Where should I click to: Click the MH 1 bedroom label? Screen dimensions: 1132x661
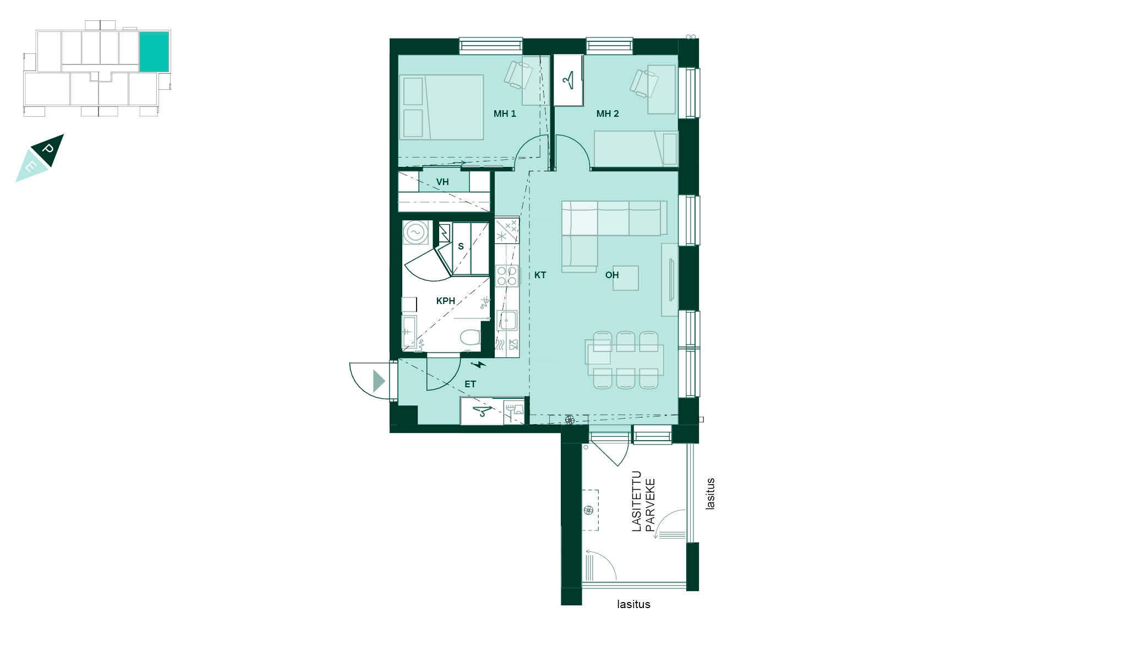point(505,114)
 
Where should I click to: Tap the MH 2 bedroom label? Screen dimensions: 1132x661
point(608,114)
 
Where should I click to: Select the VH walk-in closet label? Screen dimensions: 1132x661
point(442,182)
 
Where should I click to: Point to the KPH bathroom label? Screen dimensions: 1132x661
point(446,301)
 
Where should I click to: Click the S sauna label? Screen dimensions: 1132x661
point(461,247)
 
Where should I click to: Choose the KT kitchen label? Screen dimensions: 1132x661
point(540,275)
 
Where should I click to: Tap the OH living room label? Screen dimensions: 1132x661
point(612,275)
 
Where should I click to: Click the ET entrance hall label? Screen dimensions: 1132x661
point(470,384)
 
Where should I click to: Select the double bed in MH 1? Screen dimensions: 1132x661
point(441,107)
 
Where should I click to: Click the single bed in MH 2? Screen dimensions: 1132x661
point(636,149)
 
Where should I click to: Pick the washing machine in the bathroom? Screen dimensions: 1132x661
point(415,233)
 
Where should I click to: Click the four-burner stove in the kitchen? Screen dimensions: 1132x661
point(507,275)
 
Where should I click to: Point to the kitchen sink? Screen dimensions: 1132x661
point(507,320)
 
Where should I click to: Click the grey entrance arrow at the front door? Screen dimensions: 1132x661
point(379,381)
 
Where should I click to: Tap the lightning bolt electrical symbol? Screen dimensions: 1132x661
point(479,364)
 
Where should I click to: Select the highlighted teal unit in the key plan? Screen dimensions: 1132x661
point(154,52)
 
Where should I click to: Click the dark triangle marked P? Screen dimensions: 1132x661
point(48,150)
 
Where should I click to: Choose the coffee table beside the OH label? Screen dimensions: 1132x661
point(626,278)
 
